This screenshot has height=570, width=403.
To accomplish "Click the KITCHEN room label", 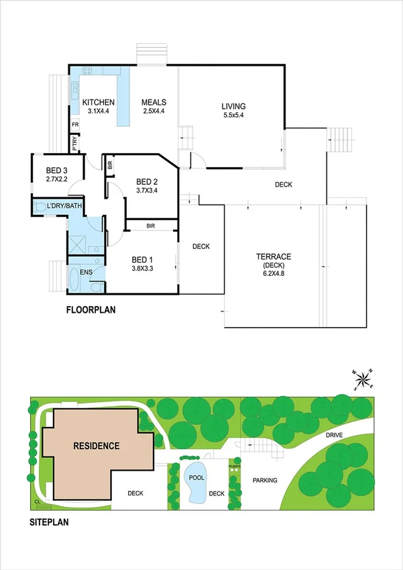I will point(98,103).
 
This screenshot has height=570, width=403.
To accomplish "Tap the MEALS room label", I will point(154,103).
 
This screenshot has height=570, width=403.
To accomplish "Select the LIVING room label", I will point(233,106).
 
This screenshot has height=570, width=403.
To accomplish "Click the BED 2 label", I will point(147,181).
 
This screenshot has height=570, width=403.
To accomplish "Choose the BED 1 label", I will point(142,260).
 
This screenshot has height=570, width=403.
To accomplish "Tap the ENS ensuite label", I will point(85,272).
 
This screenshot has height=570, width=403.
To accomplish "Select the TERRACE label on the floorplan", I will point(274,256).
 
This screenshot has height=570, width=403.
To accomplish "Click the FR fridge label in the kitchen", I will point(74,124).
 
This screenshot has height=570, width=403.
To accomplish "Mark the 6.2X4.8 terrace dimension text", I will point(274,274).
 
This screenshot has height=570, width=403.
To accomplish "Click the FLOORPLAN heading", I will point(93,310).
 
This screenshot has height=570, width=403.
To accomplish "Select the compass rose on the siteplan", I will point(364,380).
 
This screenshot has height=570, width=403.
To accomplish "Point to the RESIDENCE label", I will point(97,445).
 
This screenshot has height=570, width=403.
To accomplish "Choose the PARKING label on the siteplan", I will point(266,480).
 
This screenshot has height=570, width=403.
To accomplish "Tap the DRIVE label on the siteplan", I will point(335,436).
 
